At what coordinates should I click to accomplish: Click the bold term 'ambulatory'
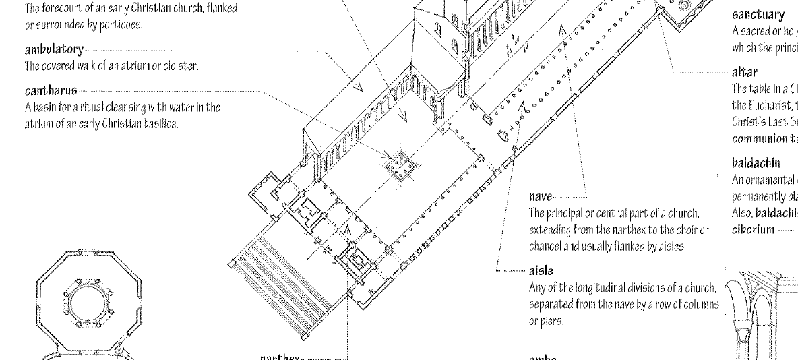coord(54,50)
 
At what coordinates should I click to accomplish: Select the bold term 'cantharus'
coord(51,90)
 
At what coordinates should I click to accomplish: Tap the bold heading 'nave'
coord(541,197)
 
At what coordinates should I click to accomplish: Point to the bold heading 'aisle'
coord(541,271)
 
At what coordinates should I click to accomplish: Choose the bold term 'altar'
coord(741,71)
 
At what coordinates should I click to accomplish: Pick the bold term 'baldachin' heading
coord(756,162)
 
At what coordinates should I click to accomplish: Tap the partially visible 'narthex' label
coord(280,357)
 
